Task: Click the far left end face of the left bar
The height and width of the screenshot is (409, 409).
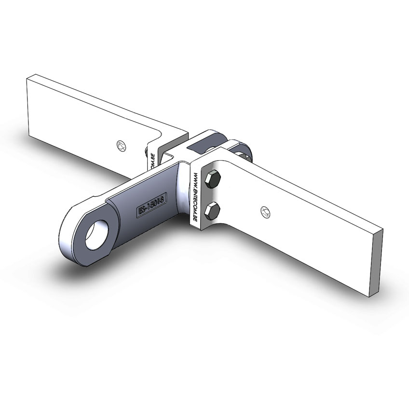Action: click(x=29, y=107)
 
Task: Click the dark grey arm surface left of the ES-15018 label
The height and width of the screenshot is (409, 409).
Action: click(x=121, y=212)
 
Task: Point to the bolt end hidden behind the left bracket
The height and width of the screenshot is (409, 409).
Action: click(x=146, y=153)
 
